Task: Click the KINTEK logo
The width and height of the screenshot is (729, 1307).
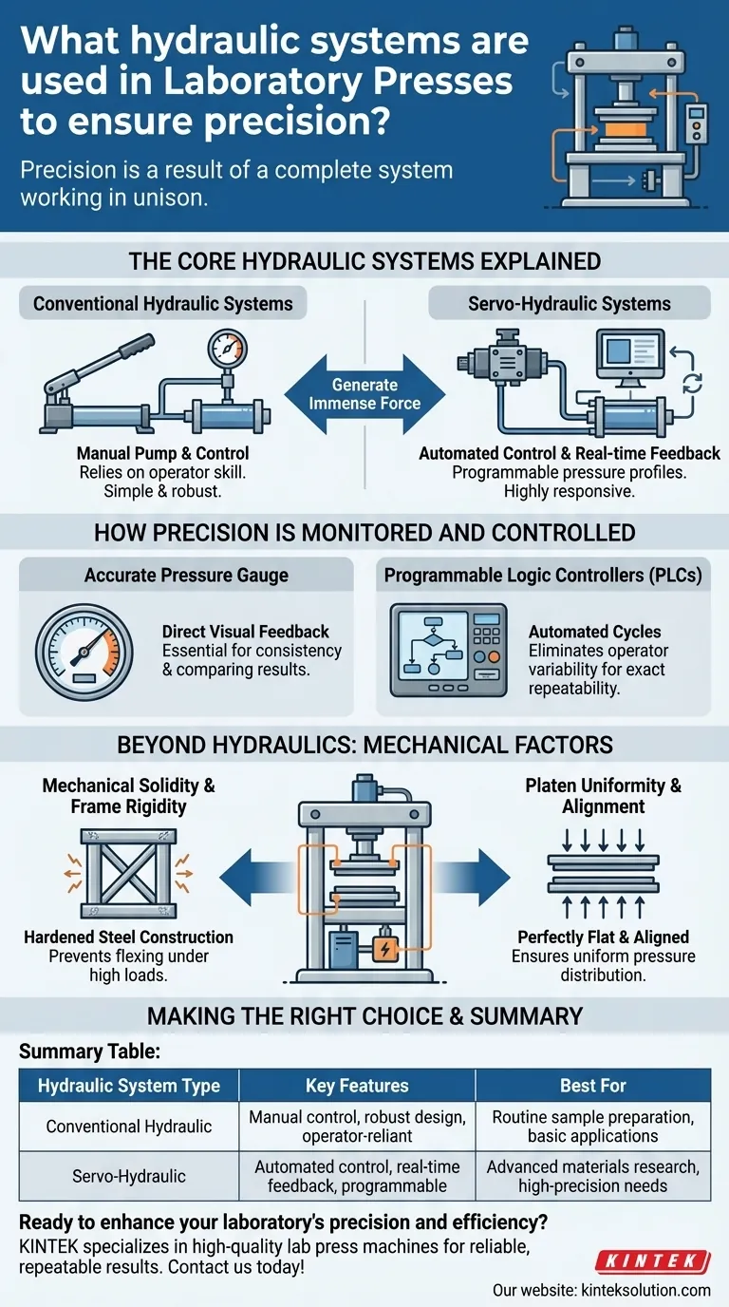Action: tap(652, 1261)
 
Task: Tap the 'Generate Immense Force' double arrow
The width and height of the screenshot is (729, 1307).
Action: tap(364, 394)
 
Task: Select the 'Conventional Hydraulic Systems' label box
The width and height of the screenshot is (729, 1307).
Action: tap(163, 304)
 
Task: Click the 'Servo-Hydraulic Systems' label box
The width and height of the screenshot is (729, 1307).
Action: tap(569, 304)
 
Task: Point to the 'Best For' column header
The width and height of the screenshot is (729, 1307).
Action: tap(592, 1085)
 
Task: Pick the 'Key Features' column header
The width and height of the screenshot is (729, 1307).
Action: tap(357, 1085)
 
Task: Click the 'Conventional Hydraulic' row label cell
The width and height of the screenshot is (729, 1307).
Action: tap(129, 1127)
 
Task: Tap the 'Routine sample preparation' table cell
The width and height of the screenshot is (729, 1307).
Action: tap(592, 1127)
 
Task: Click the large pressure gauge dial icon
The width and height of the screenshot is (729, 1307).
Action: tap(84, 652)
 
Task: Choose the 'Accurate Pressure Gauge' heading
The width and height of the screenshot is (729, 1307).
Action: tap(186, 577)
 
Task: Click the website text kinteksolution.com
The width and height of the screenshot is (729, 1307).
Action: tap(602, 1290)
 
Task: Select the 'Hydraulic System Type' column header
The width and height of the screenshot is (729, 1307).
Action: tap(129, 1085)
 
